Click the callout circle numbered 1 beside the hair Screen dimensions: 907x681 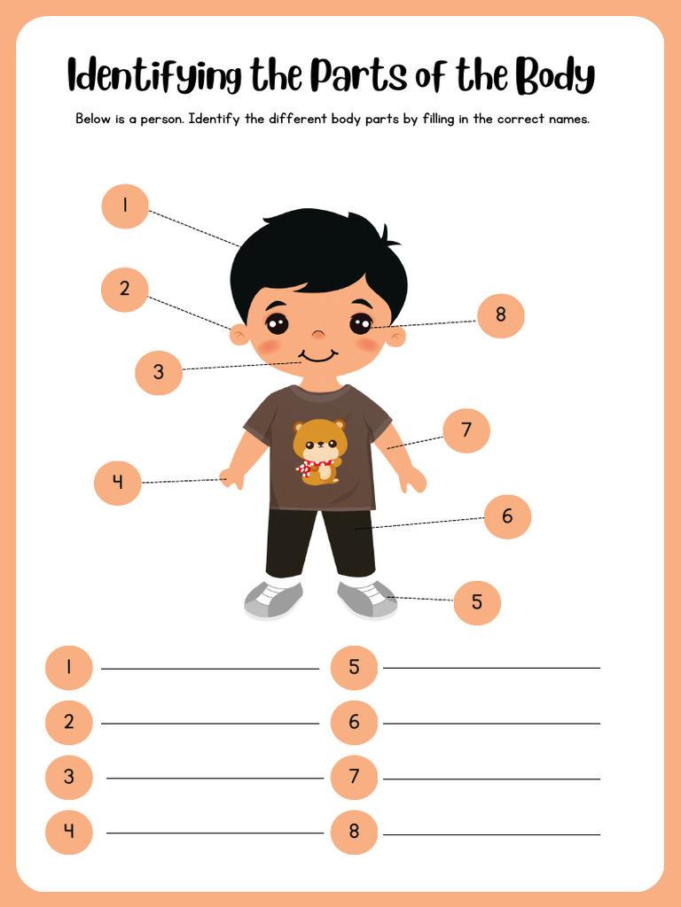point(125,206)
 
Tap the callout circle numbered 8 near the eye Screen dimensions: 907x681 point(501,315)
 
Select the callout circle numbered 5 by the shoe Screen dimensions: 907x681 point(477,602)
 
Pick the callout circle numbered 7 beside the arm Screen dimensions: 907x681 point(466,431)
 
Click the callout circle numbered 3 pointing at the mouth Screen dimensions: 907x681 point(159,372)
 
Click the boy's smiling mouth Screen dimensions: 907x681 point(317,357)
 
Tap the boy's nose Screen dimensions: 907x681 point(317,334)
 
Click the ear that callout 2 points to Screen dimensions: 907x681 point(239,335)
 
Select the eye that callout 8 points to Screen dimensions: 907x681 point(361,324)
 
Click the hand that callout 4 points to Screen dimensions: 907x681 point(232,478)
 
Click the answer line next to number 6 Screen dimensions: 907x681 point(491,724)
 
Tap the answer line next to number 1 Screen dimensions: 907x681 point(209,669)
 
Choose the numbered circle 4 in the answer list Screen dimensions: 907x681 point(69,832)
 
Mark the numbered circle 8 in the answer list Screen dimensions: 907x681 point(355,832)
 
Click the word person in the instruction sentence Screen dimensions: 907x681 point(160,119)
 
